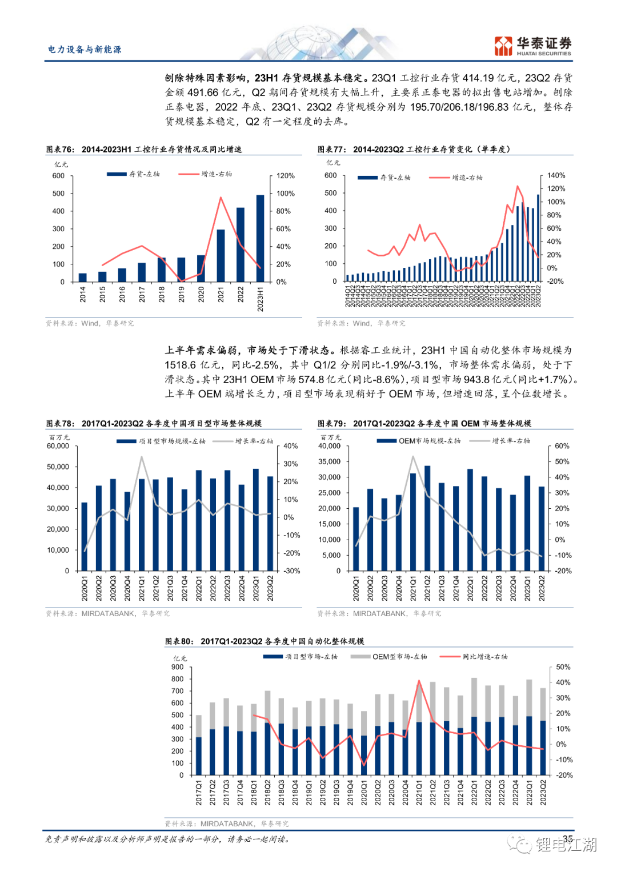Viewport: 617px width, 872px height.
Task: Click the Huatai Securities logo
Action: coord(532,46)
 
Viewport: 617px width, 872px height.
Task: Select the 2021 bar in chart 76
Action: coord(221,255)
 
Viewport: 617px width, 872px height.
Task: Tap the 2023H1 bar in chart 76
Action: coord(260,238)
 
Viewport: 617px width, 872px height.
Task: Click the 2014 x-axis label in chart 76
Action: coord(83,294)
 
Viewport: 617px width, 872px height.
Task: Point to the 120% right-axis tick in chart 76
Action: coord(286,176)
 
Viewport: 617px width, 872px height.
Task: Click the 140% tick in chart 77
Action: coord(556,175)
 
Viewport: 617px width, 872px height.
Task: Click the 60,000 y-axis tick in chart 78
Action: coord(58,446)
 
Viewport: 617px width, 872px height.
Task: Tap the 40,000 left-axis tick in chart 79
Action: coord(329,446)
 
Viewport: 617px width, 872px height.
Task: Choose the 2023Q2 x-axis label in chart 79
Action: coord(542,588)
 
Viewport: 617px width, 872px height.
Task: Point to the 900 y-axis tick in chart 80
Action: coord(178,667)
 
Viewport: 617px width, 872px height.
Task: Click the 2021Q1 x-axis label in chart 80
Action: coord(419,793)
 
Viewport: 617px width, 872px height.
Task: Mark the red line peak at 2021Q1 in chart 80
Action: coord(419,681)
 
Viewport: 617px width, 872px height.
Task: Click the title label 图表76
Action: coord(60,150)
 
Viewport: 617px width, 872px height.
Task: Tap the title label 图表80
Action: coord(179,641)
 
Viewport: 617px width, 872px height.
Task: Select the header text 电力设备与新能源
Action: coord(85,50)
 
